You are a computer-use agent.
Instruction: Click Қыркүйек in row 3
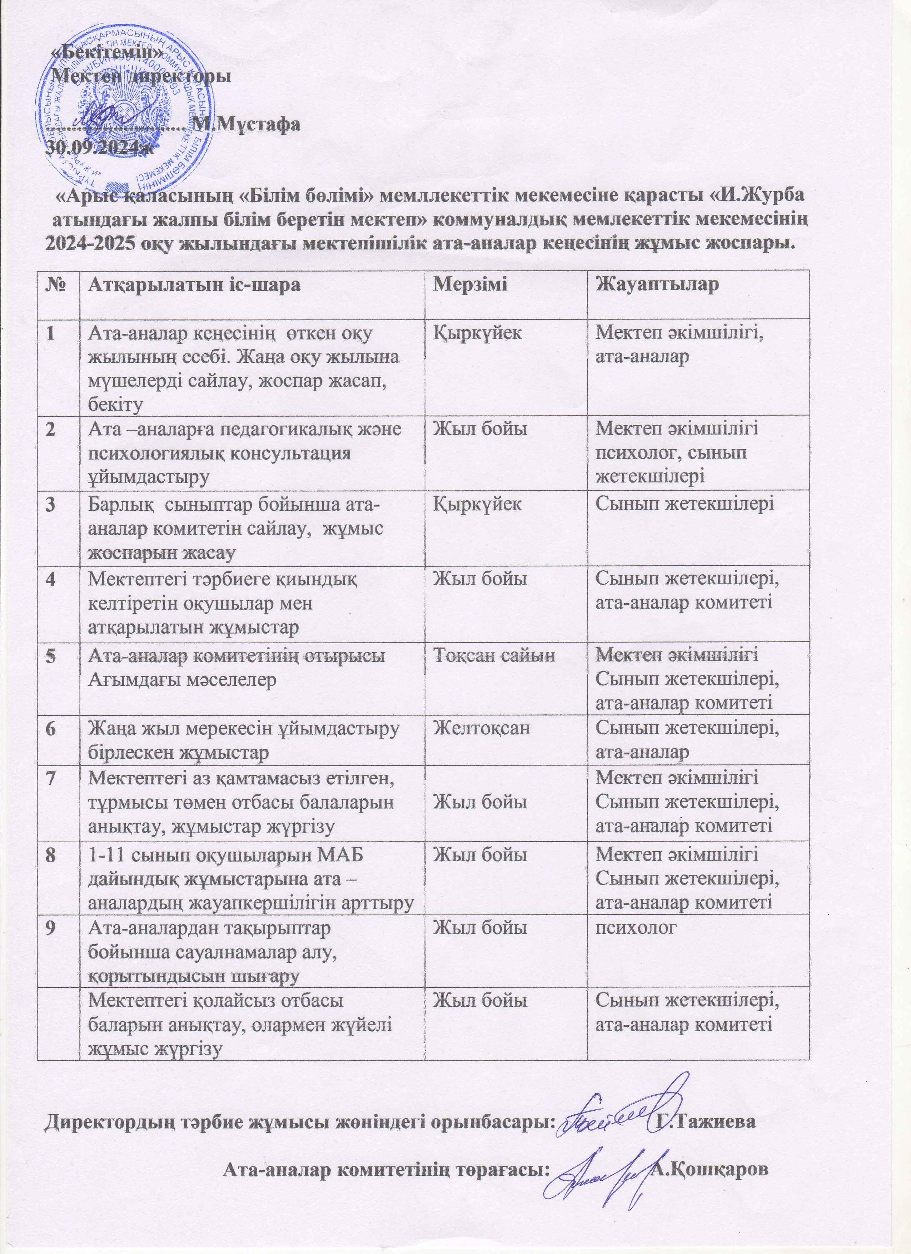click(477, 504)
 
